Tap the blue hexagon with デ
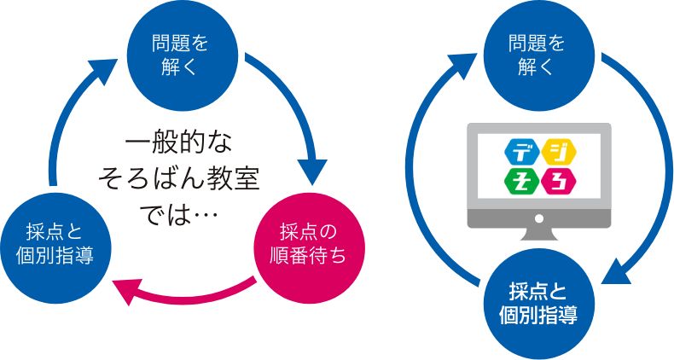click(x=520, y=152)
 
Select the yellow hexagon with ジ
click(x=561, y=152)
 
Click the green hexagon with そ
click(x=520, y=181)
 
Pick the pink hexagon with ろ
click(x=561, y=181)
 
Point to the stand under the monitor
click(x=539, y=234)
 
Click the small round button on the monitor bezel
click(x=539, y=218)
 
